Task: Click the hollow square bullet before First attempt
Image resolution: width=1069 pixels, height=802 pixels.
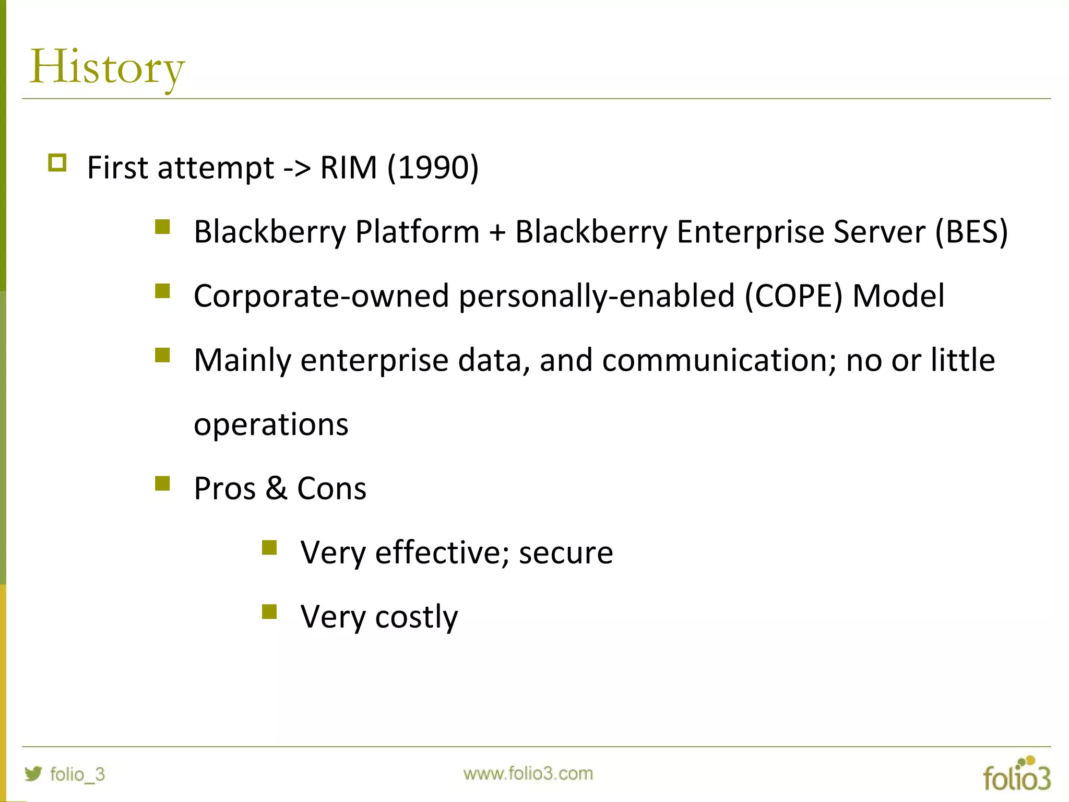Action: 57,163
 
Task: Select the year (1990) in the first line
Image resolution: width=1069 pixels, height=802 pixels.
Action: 433,168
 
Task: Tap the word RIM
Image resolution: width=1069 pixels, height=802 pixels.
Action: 348,168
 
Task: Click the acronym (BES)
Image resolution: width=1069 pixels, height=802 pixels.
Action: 971,232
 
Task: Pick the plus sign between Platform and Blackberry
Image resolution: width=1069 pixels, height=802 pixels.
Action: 497,233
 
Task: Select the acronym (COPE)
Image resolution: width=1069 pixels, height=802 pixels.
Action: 793,297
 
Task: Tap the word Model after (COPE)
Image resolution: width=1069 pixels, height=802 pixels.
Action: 898,297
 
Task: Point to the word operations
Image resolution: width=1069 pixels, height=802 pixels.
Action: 271,424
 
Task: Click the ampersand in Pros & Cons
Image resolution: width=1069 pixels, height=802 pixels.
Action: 276,489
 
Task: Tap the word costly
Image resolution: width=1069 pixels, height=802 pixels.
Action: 416,617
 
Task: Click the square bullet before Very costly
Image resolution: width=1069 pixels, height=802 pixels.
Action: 269,611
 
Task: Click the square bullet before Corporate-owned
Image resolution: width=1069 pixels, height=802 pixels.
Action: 162,290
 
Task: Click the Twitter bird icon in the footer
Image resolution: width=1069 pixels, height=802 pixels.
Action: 33,773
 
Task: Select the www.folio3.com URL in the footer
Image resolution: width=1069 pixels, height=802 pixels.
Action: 528,773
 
